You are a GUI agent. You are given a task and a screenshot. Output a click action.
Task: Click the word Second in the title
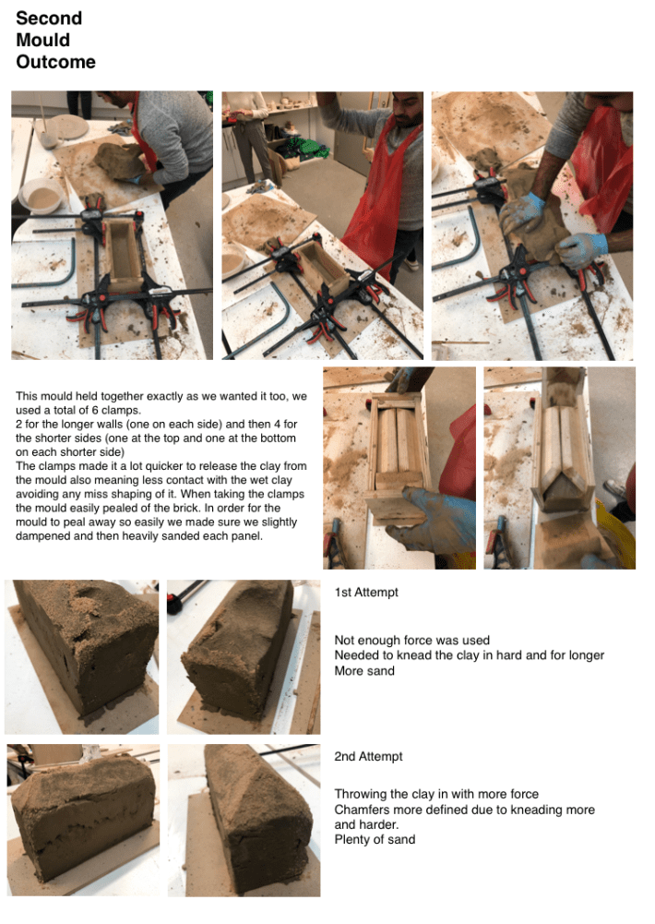tap(49, 18)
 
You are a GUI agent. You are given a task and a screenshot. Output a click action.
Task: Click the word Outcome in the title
tap(56, 62)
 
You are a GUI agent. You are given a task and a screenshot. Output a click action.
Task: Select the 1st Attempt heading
tap(366, 593)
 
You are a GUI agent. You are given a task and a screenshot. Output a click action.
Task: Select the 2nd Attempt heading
tap(368, 757)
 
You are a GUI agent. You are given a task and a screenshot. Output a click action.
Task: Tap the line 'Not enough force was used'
tap(411, 640)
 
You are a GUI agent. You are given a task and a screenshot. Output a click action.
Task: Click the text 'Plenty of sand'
tap(375, 839)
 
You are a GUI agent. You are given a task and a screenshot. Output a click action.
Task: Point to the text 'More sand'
tap(364, 670)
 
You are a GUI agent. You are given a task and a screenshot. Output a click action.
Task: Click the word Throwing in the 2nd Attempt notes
tap(360, 795)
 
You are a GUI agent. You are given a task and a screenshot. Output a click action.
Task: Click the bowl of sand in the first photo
tap(40, 198)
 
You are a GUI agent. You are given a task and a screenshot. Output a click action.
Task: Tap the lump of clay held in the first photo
tap(120, 161)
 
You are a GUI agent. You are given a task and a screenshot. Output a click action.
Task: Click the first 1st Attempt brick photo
tap(82, 656)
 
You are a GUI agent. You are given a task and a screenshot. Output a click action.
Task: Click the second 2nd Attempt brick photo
tap(244, 820)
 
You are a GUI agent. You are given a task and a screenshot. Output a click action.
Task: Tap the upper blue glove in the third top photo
tap(523, 212)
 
